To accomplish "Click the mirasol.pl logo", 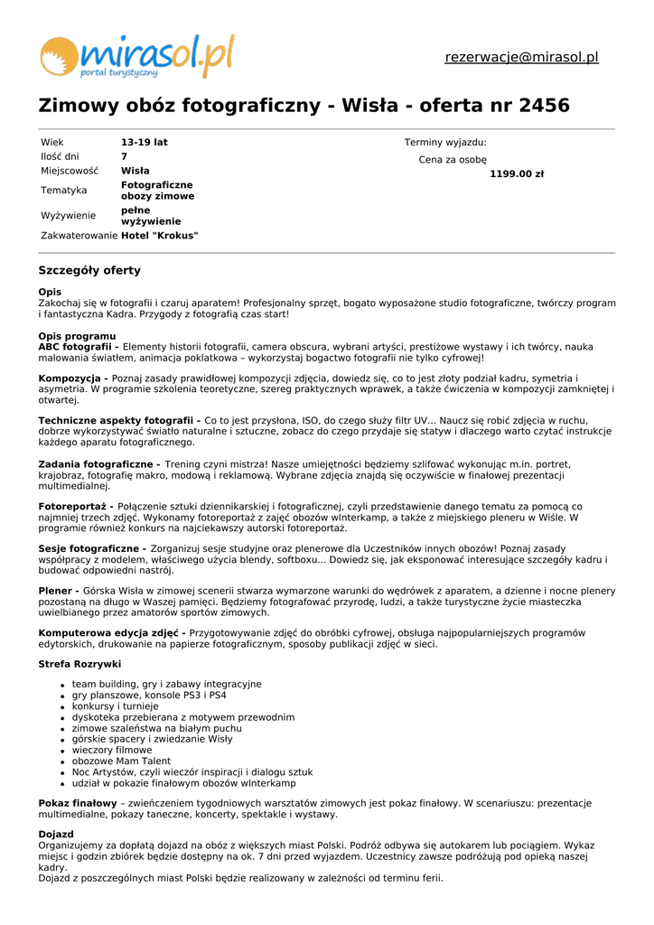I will [136, 56].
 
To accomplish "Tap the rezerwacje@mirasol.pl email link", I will [521, 58].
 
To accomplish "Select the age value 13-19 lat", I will [145, 143].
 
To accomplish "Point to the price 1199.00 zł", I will [517, 174].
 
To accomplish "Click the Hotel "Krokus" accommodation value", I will [160, 236].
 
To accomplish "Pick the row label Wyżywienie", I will [68, 216].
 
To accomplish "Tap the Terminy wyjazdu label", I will [445, 143].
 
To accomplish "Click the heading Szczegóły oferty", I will [89, 271].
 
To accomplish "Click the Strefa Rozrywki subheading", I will [79, 665].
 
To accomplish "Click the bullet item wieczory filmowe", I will [112, 751].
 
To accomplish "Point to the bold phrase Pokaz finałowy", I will [78, 803].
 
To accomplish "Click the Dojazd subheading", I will [56, 835].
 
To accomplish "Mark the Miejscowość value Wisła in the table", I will [135, 171].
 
